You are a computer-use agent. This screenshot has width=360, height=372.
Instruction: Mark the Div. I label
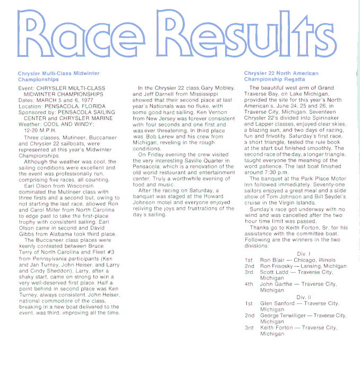(x=303, y=254)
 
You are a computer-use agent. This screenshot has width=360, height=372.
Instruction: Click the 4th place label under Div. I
(x=248, y=284)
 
